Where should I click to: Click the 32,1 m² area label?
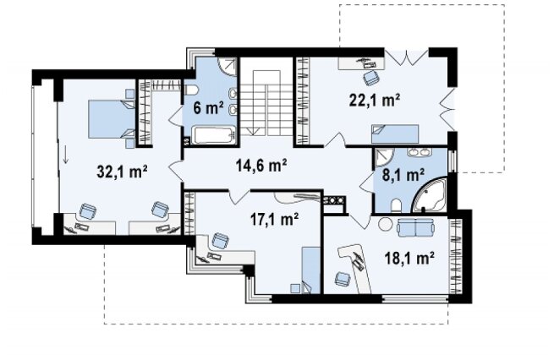coord(123,172)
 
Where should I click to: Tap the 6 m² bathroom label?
coord(208,107)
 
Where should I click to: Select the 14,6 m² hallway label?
coord(261,165)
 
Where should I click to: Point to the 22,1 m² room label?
coord(375,100)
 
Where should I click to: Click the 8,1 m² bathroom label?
coord(403,174)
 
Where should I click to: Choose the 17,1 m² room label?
coord(275,220)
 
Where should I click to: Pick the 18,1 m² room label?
coord(409,259)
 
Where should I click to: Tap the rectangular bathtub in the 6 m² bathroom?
coord(213,136)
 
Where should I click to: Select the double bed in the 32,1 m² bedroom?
coord(112,118)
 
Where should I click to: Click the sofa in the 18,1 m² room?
coord(415,227)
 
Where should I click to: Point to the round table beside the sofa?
coord(385,224)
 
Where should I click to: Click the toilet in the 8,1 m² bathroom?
coord(396,206)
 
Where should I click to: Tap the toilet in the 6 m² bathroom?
coord(191,90)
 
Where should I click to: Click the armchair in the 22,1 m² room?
coord(370,77)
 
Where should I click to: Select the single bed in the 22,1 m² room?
coord(395,134)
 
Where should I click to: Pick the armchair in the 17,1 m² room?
coord(220,241)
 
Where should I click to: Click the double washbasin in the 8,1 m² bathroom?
coord(419,152)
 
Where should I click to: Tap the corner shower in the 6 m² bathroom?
coord(226,66)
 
